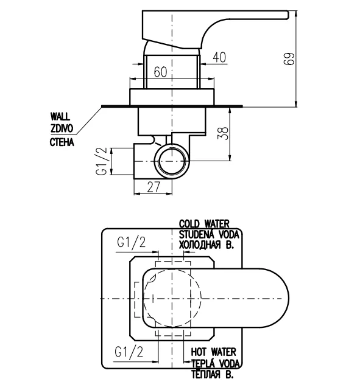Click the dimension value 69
[289, 58]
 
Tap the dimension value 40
[219, 57]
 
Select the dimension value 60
[160, 72]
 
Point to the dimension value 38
[224, 133]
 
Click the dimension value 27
[154, 187]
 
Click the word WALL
[60, 116]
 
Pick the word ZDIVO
[62, 128]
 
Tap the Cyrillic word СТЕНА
[62, 142]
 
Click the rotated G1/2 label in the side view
[102, 161]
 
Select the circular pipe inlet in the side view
[172, 161]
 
